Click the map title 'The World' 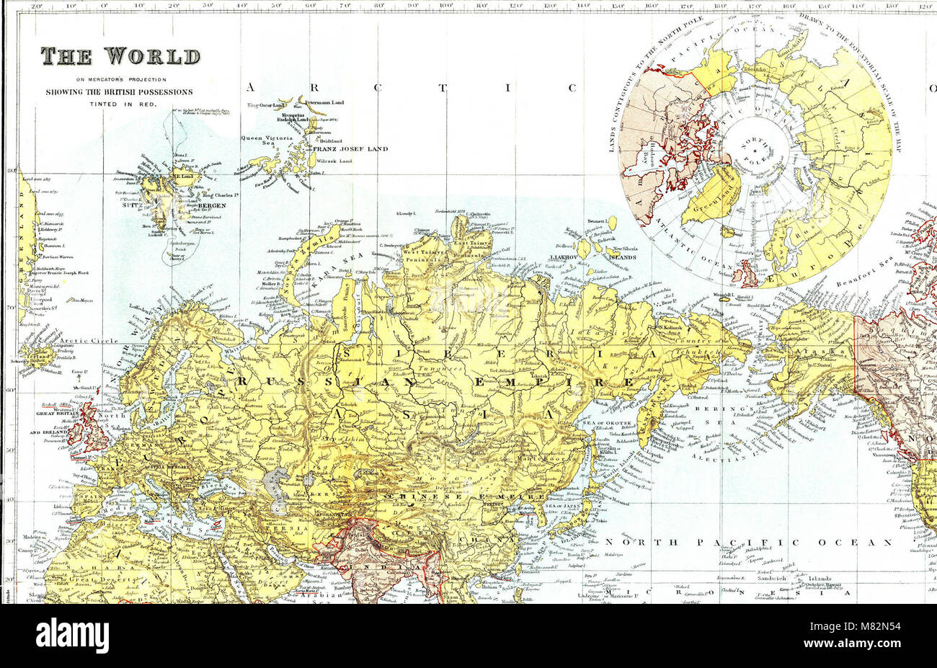pyautogui.click(x=120, y=56)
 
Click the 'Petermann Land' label pyautogui.click(x=324, y=102)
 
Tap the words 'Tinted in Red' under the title pyautogui.click(x=120, y=104)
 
